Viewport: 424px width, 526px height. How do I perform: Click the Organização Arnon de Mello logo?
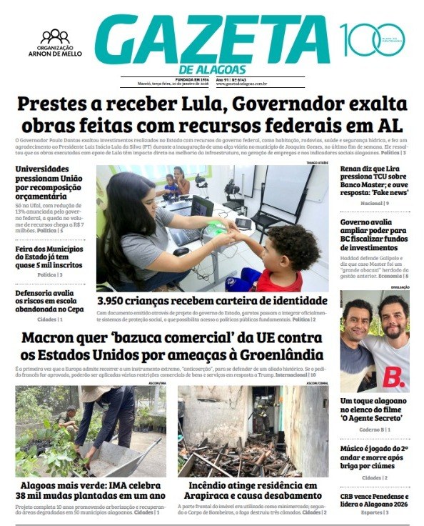coord(54,42)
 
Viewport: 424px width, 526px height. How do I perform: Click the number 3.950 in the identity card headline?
coord(117,301)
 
